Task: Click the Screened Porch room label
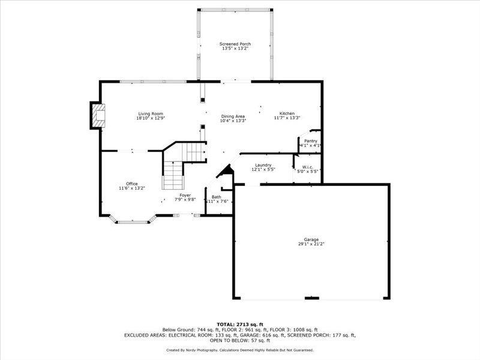236,44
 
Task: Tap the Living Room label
151,113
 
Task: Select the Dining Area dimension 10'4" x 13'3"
233,121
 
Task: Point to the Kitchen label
287,113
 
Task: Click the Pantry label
310,141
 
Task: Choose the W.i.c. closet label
307,167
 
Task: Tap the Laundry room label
263,165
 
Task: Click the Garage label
311,239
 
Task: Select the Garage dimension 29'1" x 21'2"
311,244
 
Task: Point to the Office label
132,184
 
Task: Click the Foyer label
185,194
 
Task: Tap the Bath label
216,197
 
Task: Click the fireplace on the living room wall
98,115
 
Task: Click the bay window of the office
132,221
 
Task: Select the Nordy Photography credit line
239,350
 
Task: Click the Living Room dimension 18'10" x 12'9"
151,118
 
